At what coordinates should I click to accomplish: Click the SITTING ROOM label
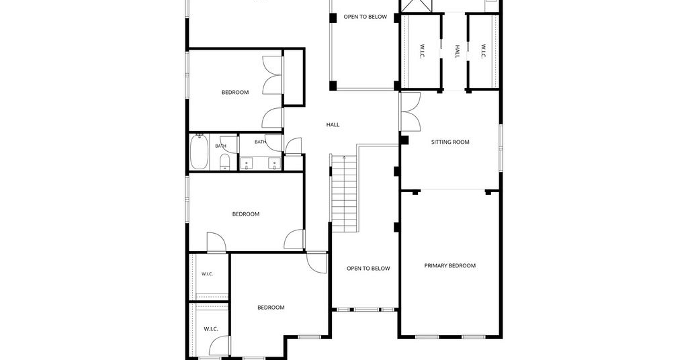tap(450, 142)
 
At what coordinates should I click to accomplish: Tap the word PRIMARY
tap(435, 266)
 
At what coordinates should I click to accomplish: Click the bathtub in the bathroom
tap(199, 152)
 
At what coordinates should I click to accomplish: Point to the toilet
tap(224, 161)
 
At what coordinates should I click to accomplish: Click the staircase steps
tap(345, 194)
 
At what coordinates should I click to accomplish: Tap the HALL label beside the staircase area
tap(333, 125)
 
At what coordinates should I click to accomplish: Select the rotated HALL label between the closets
tap(457, 51)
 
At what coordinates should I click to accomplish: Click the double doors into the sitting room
tap(411, 111)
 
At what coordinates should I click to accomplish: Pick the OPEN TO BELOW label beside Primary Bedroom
tap(368, 269)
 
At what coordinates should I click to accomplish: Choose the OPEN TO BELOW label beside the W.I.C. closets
tap(365, 17)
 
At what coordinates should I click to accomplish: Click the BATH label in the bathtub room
tap(220, 146)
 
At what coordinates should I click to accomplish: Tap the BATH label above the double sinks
tap(260, 142)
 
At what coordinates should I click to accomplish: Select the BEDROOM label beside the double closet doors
tap(235, 93)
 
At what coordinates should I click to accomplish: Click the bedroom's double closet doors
tap(272, 75)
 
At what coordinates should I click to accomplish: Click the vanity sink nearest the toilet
tap(247, 164)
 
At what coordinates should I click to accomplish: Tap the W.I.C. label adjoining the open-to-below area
tap(422, 51)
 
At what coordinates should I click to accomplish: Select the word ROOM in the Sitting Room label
tap(462, 142)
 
